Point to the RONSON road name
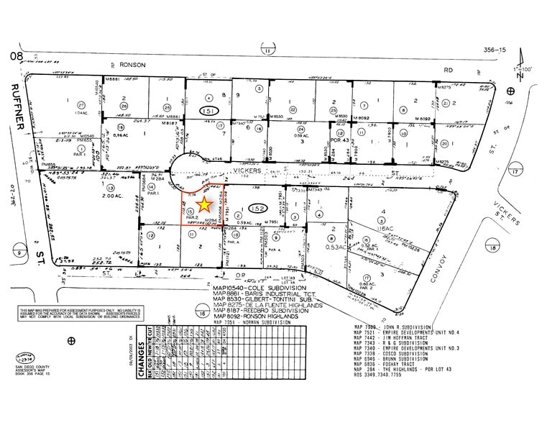134,65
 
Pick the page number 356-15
492,50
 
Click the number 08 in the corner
12,55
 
